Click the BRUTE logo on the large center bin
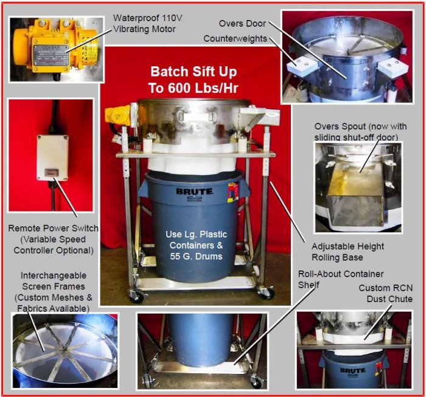195,192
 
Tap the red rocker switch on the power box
50,173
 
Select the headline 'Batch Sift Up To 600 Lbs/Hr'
194,80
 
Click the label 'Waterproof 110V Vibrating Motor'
147,23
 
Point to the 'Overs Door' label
242,23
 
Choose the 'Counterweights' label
236,38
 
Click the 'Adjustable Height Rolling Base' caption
347,252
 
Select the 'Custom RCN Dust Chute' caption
385,293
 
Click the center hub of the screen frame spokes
64,348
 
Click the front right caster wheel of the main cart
267,293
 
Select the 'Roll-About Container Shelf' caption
341,279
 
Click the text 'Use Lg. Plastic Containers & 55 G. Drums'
196,245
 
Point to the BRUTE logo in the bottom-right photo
353,370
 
